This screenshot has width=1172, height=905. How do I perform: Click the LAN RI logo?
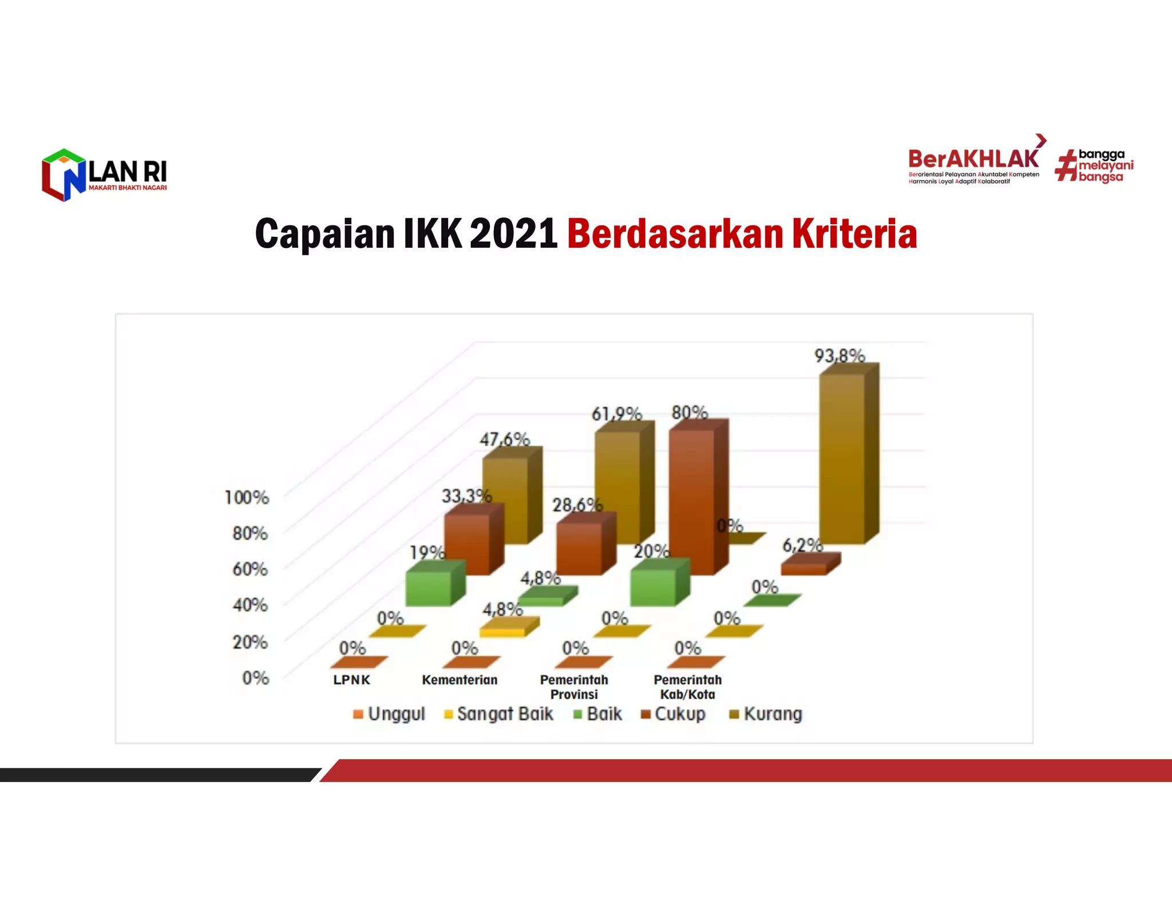click(105, 175)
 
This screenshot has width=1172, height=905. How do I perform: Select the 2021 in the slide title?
click(513, 234)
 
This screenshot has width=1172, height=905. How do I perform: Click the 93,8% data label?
click(840, 356)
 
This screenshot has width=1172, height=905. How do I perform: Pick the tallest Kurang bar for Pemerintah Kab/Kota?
click(842, 458)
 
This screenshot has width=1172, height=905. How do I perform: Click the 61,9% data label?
click(616, 414)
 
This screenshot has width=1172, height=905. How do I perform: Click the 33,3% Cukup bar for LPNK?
click(467, 543)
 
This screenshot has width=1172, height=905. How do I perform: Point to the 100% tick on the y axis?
click(247, 498)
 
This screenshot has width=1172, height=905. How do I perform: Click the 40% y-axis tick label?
click(250, 605)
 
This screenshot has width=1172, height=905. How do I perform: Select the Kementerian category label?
click(460, 680)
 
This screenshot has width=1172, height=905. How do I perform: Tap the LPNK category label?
click(351, 680)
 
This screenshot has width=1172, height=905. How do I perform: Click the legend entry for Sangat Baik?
click(499, 714)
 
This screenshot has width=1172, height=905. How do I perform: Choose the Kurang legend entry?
click(766, 714)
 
